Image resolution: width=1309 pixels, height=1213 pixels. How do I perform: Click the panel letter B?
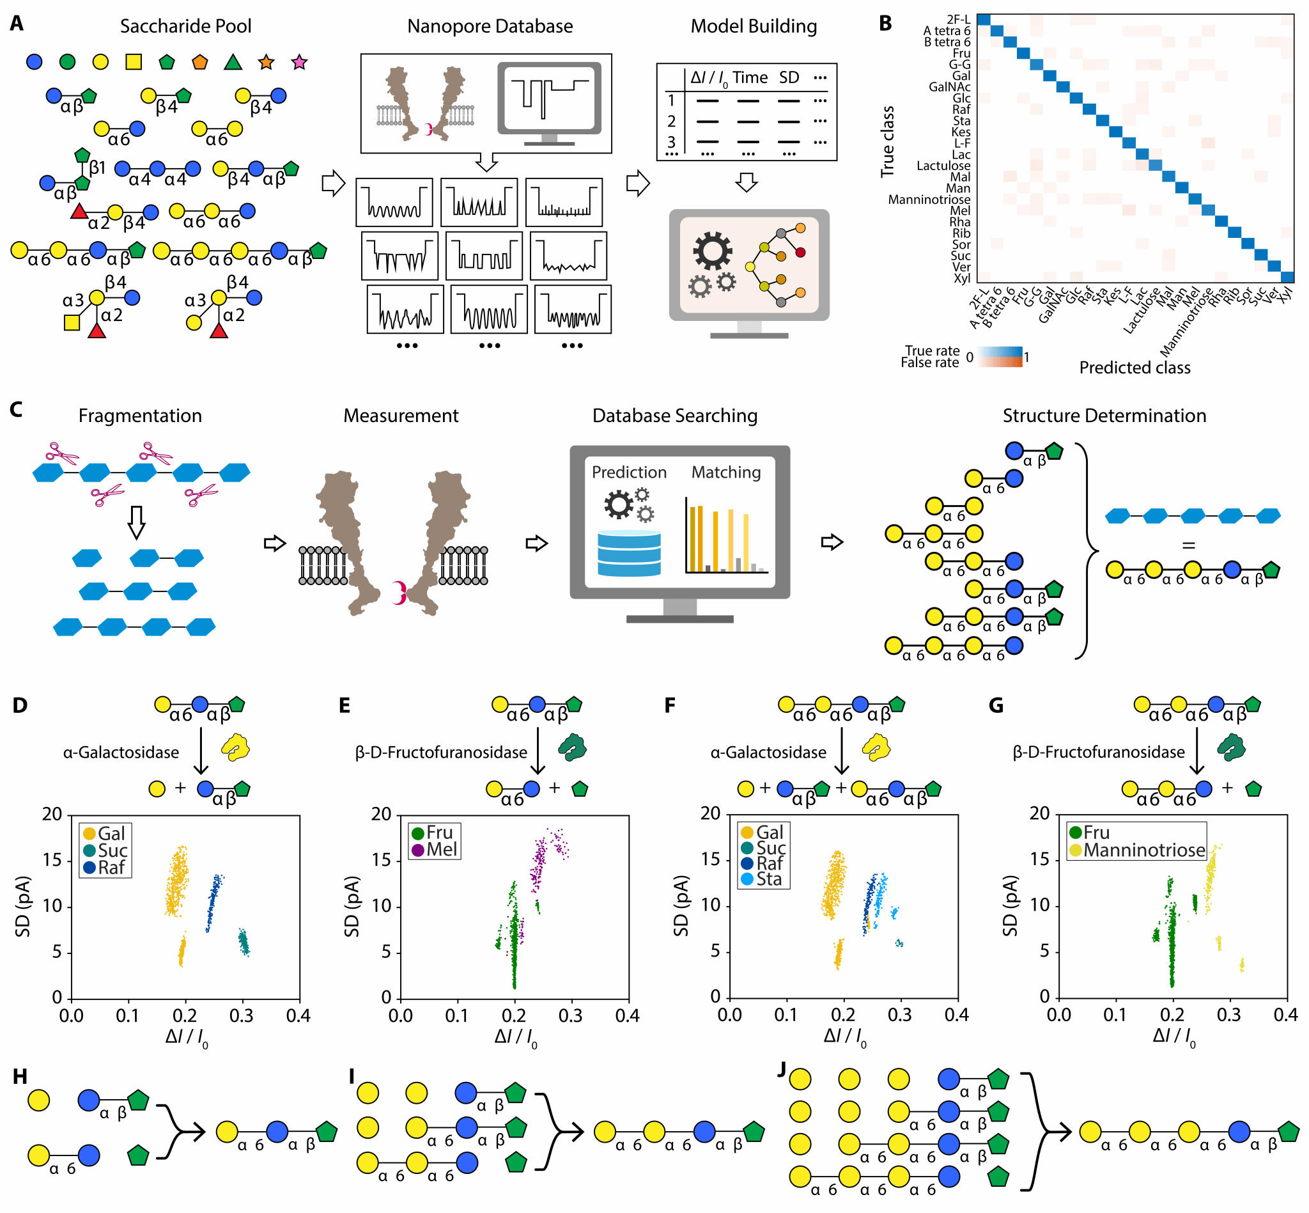point(885,24)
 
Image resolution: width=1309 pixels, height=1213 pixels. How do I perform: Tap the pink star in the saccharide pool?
point(299,63)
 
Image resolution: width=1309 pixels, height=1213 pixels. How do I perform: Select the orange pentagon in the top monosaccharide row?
point(200,63)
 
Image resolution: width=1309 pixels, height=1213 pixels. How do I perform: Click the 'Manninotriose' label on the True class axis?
point(929,200)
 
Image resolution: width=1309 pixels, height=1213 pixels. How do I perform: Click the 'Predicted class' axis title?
point(1135,368)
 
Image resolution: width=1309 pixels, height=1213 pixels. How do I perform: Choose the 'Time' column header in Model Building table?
point(750,78)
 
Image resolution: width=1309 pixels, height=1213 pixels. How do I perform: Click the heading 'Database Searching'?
point(674,416)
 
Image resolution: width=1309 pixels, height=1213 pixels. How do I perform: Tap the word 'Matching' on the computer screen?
point(725,473)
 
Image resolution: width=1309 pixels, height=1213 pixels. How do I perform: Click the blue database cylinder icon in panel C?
point(628,552)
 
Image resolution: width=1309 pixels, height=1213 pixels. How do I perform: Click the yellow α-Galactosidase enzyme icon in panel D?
point(236,747)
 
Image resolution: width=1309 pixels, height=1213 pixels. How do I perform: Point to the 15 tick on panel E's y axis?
point(381,860)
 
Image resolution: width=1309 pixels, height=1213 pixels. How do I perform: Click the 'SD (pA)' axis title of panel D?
point(23,906)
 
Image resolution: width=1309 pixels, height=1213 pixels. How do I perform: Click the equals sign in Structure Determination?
point(1188,545)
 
